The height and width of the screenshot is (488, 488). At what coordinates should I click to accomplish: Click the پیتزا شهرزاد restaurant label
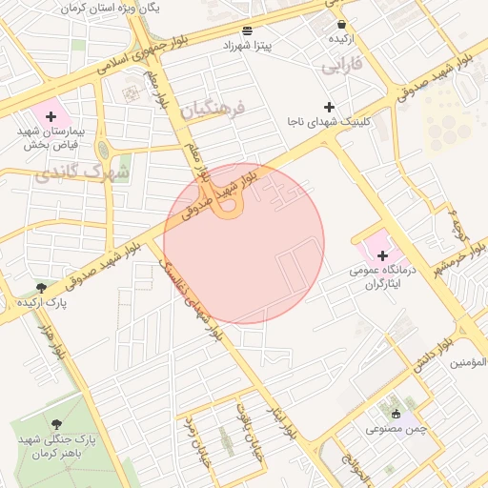click(248, 45)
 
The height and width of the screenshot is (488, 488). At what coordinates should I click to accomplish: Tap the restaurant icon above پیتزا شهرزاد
click(248, 30)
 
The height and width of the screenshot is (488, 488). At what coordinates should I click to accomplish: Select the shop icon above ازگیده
click(341, 25)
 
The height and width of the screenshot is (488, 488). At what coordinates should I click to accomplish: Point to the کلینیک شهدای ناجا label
click(330, 121)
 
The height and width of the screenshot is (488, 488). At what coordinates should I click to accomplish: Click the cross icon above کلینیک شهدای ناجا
click(330, 107)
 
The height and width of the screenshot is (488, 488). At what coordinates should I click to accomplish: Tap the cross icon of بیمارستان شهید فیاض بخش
click(51, 114)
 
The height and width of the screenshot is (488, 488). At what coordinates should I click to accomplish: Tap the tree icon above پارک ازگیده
click(41, 287)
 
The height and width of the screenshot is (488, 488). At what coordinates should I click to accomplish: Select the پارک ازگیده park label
click(41, 301)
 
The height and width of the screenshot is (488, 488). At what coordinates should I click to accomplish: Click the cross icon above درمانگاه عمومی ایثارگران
click(382, 255)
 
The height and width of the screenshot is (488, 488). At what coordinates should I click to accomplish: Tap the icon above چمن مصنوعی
click(396, 414)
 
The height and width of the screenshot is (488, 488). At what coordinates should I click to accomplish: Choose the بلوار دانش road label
click(432, 358)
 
